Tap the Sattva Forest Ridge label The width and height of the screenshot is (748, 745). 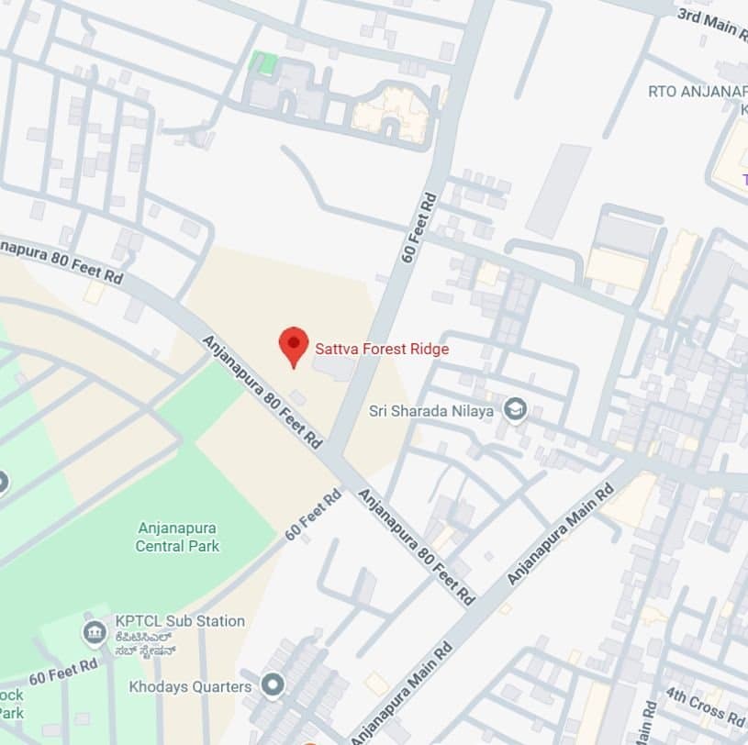coord(382,349)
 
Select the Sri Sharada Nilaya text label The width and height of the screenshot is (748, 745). coord(431,410)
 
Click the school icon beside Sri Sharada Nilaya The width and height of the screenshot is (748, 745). coord(516,409)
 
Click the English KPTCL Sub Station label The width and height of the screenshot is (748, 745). coord(180,621)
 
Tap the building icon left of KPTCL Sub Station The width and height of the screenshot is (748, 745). coord(94,632)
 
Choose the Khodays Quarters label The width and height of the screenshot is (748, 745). coord(190,686)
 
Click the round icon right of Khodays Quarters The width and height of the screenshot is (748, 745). coord(272,684)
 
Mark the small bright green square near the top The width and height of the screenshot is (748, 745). coord(263,62)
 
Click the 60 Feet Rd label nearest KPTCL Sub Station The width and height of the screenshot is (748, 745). coord(62,671)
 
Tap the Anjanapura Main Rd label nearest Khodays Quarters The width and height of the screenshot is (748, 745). coord(402,697)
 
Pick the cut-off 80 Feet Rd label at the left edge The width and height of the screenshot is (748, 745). coord(61,261)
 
